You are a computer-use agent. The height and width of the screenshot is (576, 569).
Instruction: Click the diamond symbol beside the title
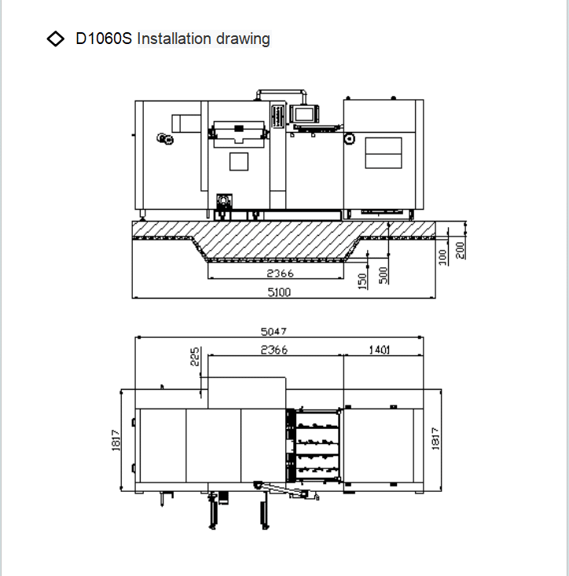(x=56, y=39)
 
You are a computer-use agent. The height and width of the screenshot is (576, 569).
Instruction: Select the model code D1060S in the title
(x=104, y=39)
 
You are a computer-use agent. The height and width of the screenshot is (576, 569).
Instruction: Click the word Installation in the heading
(x=174, y=39)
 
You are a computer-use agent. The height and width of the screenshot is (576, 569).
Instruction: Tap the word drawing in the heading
(x=243, y=39)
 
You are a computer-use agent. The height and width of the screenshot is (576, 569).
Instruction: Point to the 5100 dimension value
(x=279, y=292)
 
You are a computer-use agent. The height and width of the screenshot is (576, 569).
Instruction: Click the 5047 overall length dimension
(x=273, y=332)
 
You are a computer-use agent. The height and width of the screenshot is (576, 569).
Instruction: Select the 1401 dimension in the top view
(x=380, y=350)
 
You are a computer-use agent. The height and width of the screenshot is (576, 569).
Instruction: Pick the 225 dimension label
(x=195, y=356)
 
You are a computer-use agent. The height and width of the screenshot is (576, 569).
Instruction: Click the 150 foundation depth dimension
(x=362, y=281)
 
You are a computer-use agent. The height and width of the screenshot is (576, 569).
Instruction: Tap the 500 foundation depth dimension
(x=383, y=275)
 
